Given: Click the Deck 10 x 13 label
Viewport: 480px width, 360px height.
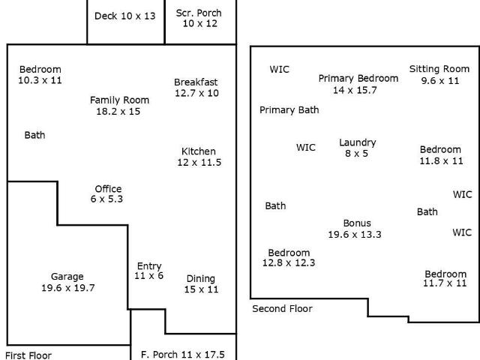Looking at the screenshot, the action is [125, 16].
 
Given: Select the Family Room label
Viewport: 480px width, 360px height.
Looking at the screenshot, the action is [119, 100].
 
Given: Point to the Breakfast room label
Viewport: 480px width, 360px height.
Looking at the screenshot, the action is [196, 82].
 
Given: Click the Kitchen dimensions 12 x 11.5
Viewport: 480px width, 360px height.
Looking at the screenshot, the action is [199, 162].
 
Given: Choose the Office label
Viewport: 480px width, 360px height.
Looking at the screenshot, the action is [108, 188].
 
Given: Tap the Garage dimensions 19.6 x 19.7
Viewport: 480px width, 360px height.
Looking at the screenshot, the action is [68, 288].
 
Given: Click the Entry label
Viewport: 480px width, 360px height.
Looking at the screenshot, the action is [149, 266].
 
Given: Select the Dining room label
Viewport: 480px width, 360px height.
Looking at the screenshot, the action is [201, 278].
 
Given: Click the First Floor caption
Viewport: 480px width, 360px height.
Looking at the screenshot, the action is [28, 355].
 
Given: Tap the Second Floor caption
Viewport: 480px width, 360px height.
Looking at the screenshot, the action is [282, 308].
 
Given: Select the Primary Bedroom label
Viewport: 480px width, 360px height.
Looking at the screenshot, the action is [358, 78].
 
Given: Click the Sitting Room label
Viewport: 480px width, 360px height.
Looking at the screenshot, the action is [439, 69].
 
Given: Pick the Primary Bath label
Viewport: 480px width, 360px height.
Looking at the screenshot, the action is [289, 110].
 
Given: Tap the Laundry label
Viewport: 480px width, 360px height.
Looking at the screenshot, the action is [358, 142].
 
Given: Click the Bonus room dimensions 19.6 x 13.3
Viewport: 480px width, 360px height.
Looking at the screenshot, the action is [355, 235].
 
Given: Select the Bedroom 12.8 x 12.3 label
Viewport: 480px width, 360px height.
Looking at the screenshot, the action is [289, 257].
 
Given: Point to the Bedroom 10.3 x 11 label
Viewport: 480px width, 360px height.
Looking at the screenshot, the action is [40, 75].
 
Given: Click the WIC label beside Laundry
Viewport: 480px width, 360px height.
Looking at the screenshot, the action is [306, 148].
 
